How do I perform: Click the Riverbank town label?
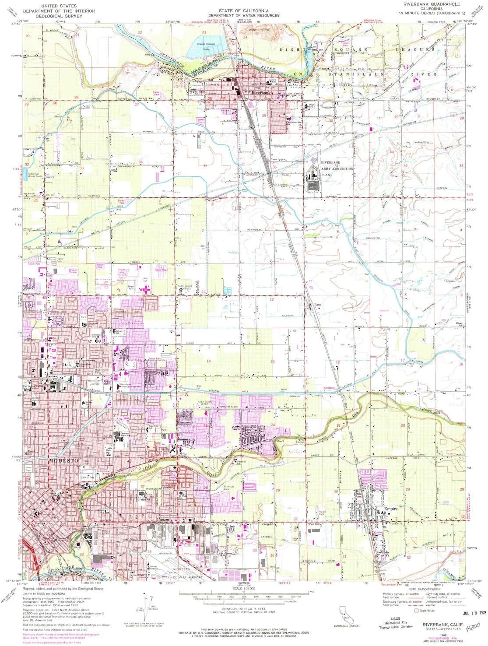point(261,93)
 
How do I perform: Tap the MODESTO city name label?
point(64,461)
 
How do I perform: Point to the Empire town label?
point(391,509)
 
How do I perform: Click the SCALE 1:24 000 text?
point(244,589)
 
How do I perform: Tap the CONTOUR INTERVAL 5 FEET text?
point(244,609)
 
